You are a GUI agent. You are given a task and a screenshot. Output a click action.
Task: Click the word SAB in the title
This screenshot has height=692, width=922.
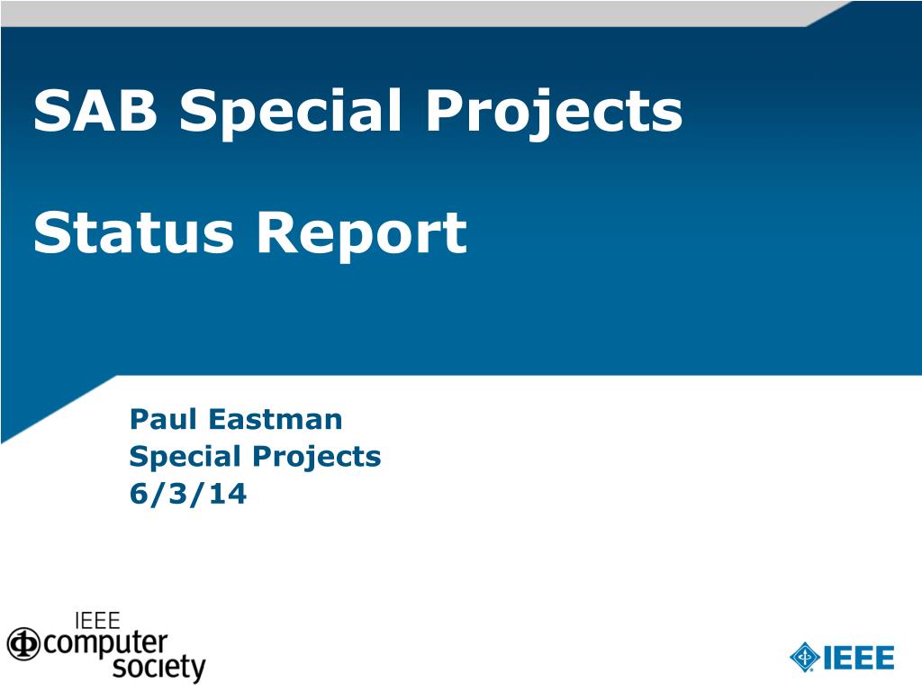(95, 110)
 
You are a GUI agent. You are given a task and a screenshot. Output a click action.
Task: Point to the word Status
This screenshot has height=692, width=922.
(133, 232)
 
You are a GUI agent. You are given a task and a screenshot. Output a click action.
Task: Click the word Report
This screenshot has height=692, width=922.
(362, 235)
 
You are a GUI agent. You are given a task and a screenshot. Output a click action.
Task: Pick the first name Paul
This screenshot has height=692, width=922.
(163, 419)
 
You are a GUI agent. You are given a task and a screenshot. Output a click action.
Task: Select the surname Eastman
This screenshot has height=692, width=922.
(276, 419)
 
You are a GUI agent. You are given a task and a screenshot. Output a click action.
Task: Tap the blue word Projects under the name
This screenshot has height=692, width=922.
(317, 457)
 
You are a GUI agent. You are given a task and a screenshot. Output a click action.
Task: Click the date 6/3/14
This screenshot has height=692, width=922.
(188, 493)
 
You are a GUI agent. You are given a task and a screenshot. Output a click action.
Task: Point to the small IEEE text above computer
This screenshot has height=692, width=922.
(97, 621)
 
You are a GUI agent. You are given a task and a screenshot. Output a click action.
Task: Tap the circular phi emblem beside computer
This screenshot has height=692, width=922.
(23, 643)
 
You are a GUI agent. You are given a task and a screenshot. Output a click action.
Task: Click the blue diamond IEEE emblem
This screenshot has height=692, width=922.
(804, 657)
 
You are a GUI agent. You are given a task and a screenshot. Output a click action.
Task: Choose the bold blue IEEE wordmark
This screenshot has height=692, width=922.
(858, 658)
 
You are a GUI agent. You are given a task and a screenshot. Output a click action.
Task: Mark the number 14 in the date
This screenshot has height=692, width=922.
(228, 493)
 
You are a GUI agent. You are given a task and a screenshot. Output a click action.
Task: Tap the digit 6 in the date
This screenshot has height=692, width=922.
(138, 493)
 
